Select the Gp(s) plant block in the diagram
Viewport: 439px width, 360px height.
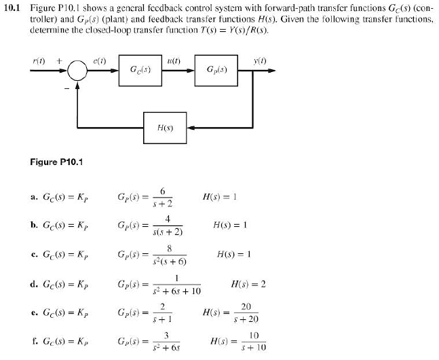pyautogui.click(x=231, y=70)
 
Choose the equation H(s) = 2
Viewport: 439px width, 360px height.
pyautogui.click(x=248, y=284)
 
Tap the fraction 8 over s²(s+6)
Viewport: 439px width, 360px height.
pyautogui.click(x=174, y=255)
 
